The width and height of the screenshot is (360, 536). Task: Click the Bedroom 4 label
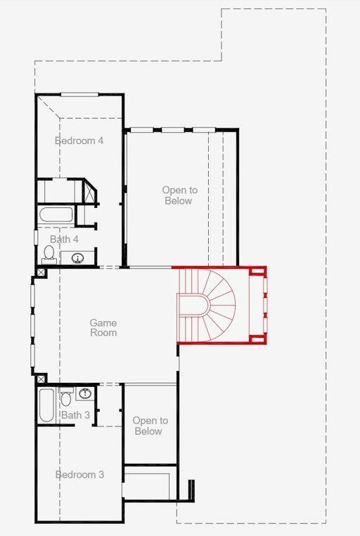click(79, 140)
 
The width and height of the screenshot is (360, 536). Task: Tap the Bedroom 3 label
click(79, 474)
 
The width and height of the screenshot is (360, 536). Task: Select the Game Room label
click(103, 327)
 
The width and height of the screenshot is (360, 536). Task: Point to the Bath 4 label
click(64, 240)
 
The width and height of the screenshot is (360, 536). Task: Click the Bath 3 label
click(76, 415)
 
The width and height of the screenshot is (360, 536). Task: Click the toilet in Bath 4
click(49, 255)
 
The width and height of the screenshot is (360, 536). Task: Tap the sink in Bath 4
click(77, 258)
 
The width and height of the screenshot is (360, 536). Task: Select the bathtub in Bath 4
click(56, 214)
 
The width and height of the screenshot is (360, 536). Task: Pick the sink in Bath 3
click(85, 393)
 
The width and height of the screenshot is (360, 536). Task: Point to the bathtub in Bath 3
click(46, 405)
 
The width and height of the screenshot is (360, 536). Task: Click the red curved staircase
click(206, 306)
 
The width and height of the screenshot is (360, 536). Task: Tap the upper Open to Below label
click(180, 195)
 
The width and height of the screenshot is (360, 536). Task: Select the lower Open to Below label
click(150, 426)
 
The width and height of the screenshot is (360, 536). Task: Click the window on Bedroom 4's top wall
click(79, 94)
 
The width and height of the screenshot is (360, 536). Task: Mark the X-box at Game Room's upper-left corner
click(41, 273)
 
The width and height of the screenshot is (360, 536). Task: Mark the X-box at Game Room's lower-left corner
click(41, 379)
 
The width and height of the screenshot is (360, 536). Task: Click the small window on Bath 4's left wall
click(36, 237)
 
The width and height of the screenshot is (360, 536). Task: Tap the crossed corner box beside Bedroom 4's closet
click(89, 192)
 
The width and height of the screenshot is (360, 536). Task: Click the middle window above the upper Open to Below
click(173, 130)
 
